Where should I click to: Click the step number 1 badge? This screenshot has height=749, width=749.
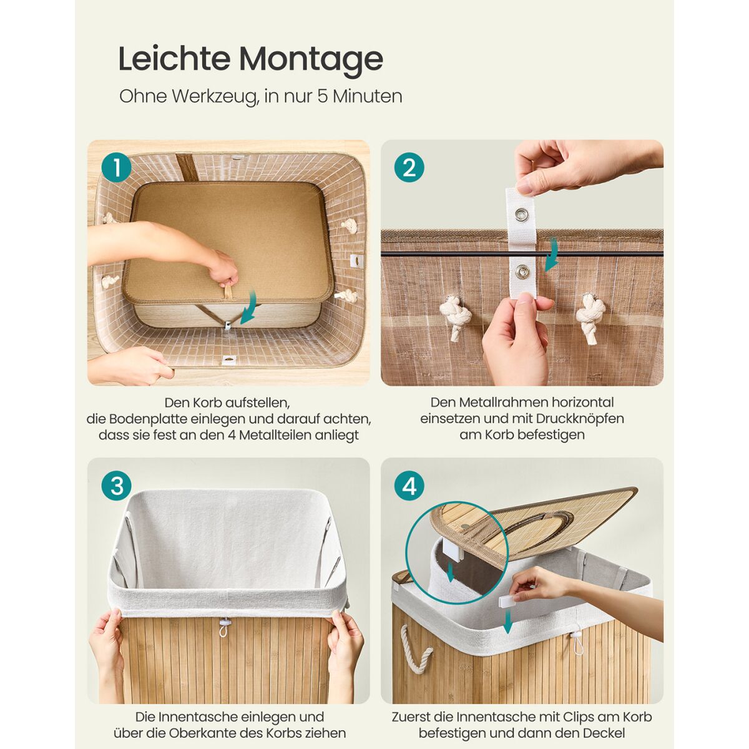(x=117, y=168)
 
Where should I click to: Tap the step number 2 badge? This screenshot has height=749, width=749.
(x=409, y=168)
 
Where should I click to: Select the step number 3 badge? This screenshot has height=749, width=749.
(x=117, y=486)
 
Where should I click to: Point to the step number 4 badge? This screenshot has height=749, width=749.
(x=409, y=486)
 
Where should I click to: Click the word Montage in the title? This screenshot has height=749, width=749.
(x=311, y=59)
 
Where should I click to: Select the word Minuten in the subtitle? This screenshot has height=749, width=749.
(x=367, y=96)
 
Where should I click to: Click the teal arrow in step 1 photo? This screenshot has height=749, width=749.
(x=250, y=308)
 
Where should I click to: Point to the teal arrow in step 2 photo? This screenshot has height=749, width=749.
(x=552, y=255)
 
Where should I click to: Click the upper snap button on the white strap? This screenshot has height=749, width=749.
(x=520, y=214)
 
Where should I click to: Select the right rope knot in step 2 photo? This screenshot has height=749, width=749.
(x=591, y=318)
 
